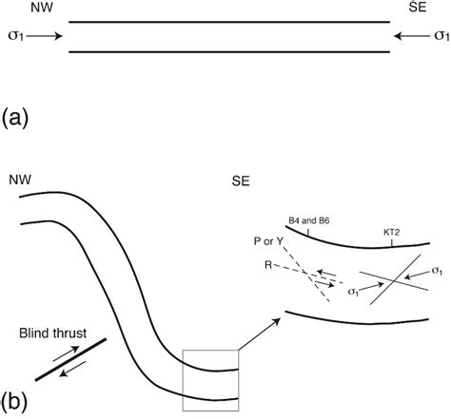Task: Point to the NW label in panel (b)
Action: coord(20,178)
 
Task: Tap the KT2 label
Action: coord(392,232)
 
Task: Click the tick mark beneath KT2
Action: coord(392,243)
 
